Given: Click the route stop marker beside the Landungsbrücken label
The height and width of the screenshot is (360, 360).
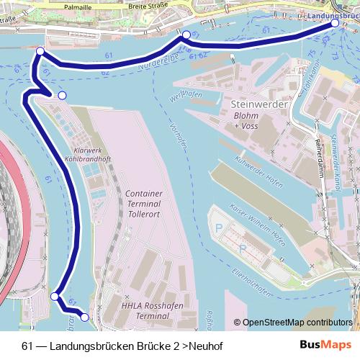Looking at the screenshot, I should (x=335, y=24).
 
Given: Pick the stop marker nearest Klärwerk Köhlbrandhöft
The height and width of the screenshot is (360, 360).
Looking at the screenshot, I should (x=62, y=96).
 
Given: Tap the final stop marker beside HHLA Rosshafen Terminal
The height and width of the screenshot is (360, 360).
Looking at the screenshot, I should (x=84, y=317).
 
